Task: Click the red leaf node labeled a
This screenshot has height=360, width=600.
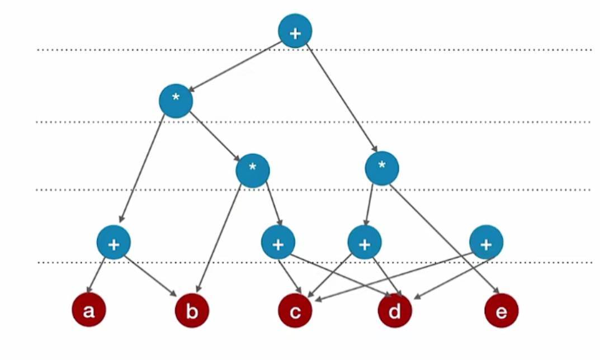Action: (88, 310)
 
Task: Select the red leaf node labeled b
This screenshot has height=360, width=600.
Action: (192, 310)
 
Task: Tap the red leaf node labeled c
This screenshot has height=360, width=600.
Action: (295, 310)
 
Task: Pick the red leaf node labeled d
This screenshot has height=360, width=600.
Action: (395, 310)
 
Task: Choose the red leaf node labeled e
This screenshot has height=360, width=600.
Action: (501, 310)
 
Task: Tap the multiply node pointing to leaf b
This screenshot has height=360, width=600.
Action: (253, 170)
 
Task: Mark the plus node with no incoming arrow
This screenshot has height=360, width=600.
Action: (486, 242)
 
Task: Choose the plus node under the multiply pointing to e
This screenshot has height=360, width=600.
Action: (364, 242)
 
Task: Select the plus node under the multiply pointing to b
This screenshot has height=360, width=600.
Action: (278, 242)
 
